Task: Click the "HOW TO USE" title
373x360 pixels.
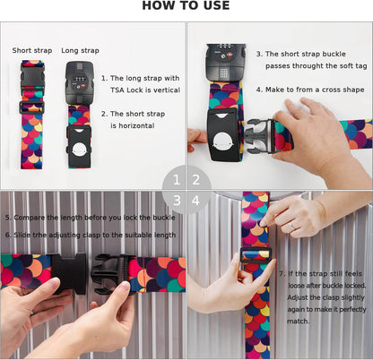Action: (x=186, y=5)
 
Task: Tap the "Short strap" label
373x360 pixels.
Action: (x=32, y=50)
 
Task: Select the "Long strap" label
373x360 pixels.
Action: (x=80, y=51)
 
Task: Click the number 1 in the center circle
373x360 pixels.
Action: (x=177, y=180)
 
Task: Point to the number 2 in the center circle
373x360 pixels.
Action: (x=196, y=180)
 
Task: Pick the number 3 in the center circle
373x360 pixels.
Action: (x=177, y=201)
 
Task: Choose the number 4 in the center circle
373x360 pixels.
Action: (x=195, y=201)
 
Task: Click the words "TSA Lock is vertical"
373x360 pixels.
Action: (x=145, y=90)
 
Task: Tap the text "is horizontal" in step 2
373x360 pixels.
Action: (x=133, y=125)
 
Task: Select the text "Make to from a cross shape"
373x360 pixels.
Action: (x=315, y=90)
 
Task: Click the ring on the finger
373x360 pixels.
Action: (x=292, y=227)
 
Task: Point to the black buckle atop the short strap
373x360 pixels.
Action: (x=32, y=76)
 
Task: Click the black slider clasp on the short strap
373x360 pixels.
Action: (x=31, y=107)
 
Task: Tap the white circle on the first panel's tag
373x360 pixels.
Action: (x=79, y=149)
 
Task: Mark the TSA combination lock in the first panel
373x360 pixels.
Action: (x=80, y=81)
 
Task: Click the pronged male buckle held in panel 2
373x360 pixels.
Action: (x=260, y=136)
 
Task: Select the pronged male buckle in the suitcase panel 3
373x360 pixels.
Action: (x=110, y=273)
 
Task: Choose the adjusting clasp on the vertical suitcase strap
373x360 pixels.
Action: (x=256, y=255)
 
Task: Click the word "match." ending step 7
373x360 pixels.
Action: (x=298, y=321)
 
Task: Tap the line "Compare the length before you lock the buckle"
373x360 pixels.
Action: (x=91, y=218)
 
